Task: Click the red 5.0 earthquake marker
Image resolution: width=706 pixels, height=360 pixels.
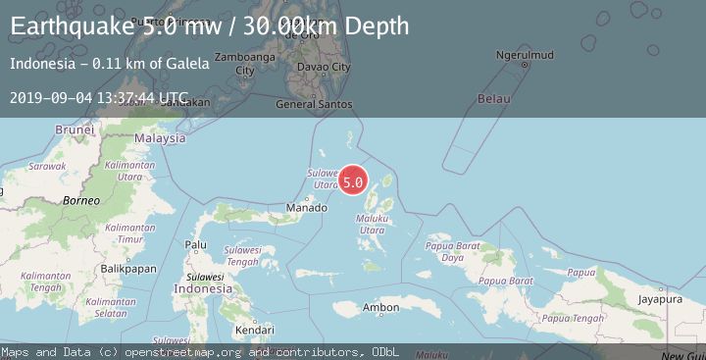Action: (x=353, y=181)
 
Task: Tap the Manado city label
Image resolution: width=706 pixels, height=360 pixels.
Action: (x=305, y=208)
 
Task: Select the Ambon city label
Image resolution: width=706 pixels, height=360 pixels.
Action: (x=380, y=308)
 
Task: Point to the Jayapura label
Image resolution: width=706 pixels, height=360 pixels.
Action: (x=659, y=298)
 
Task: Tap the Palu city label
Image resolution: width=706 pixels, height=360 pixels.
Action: (x=196, y=244)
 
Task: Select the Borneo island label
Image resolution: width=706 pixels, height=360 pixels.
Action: (x=81, y=200)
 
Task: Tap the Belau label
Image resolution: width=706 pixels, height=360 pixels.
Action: (x=494, y=99)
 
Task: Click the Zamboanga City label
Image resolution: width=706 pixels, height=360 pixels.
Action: (x=235, y=64)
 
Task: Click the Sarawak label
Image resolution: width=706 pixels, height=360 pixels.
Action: (x=45, y=167)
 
